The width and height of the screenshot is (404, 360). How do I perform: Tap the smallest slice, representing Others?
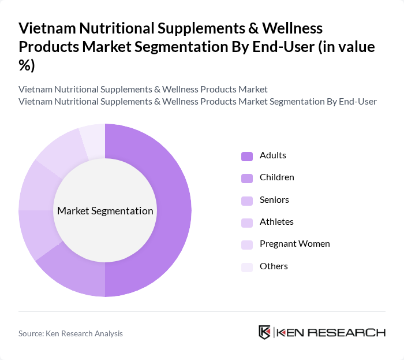point(93,139)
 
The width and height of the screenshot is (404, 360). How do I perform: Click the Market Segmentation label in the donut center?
point(105,211)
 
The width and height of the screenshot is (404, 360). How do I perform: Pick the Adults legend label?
point(272,155)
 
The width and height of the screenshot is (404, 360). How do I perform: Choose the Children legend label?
point(276,177)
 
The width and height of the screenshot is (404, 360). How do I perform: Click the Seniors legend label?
point(274,200)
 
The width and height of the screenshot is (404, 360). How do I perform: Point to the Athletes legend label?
point(276,222)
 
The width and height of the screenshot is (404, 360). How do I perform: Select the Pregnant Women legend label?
point(294,244)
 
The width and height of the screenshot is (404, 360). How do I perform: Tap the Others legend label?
point(274,266)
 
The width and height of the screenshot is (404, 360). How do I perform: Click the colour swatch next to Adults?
point(247,156)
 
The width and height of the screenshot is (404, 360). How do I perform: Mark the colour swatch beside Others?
point(247,267)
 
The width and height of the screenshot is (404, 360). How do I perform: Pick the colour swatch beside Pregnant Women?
point(247,244)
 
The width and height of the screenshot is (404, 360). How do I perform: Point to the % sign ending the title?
point(27,66)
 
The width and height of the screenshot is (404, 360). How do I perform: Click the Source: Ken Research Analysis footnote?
point(70,333)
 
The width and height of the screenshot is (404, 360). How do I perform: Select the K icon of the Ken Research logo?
point(265,332)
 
